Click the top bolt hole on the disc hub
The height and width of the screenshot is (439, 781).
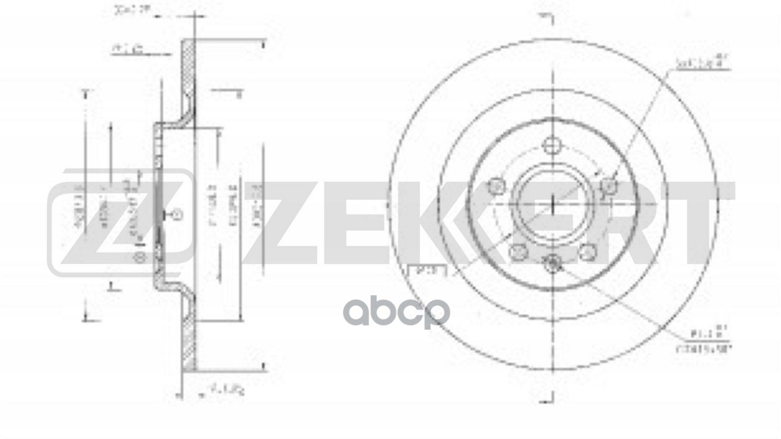click(552, 146)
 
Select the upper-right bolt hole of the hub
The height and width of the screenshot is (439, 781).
click(608, 185)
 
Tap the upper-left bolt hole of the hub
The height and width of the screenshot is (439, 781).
click(497, 185)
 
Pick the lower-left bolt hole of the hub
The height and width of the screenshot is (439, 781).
click(519, 250)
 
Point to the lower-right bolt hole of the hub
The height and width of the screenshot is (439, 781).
click(587, 250)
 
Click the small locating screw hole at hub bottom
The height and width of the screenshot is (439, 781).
click(553, 263)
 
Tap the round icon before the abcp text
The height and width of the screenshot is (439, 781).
click(356, 313)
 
